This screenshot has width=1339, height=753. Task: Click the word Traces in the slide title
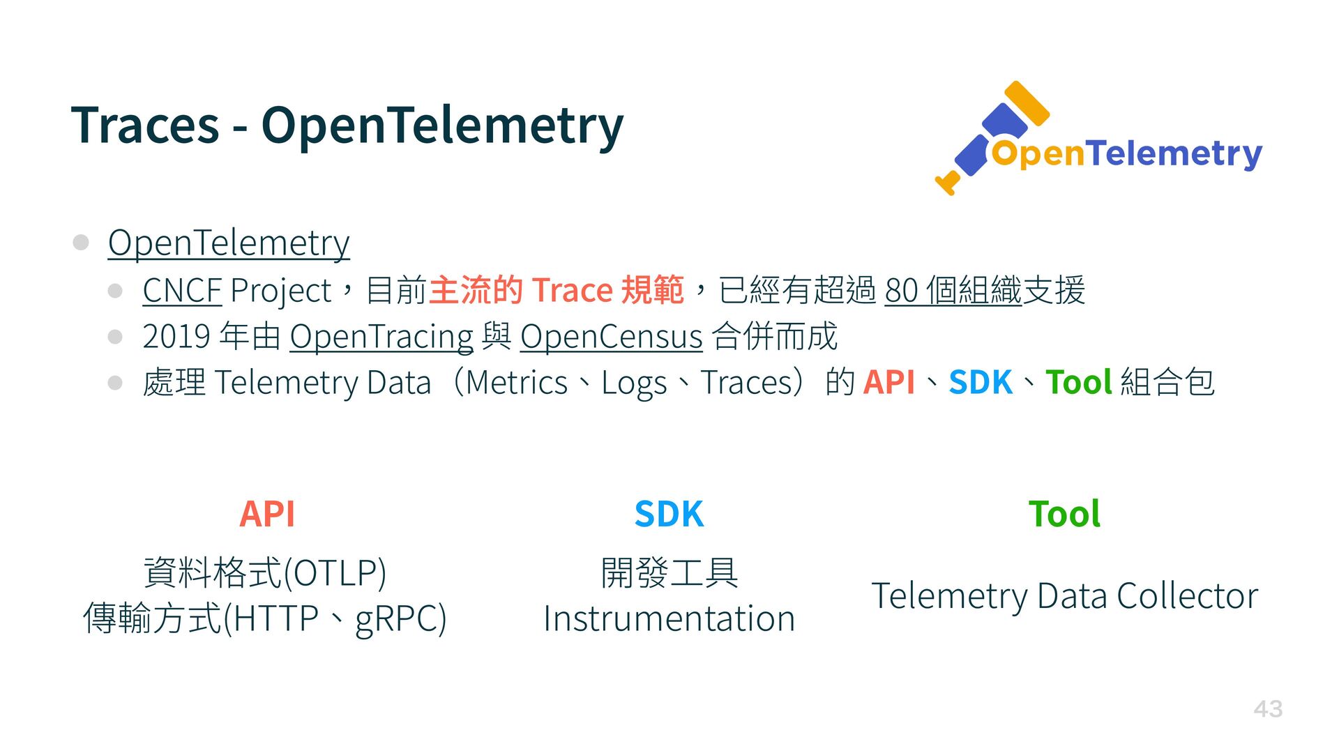point(145,125)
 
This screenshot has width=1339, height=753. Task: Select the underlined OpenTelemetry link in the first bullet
point(229,243)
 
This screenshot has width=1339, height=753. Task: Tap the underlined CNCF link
point(182,290)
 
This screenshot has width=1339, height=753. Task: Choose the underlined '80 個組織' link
point(953,290)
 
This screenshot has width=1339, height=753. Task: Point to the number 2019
point(176,336)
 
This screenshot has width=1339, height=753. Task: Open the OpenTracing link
point(381,337)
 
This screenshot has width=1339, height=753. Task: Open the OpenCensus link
point(611,337)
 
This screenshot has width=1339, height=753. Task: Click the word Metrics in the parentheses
point(516,383)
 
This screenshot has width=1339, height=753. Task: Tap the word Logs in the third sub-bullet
point(634,384)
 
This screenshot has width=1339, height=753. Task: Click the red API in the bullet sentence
point(888,383)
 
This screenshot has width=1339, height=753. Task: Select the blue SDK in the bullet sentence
point(981,383)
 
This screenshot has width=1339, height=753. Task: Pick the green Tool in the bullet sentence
point(1079,383)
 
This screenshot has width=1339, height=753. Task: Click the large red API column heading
point(267,515)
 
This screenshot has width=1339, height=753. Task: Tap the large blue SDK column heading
point(669,515)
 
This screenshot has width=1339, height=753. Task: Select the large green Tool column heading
point(1064,515)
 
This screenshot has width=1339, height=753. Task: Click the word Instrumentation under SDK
point(669,619)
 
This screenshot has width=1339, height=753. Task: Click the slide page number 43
point(1268,709)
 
